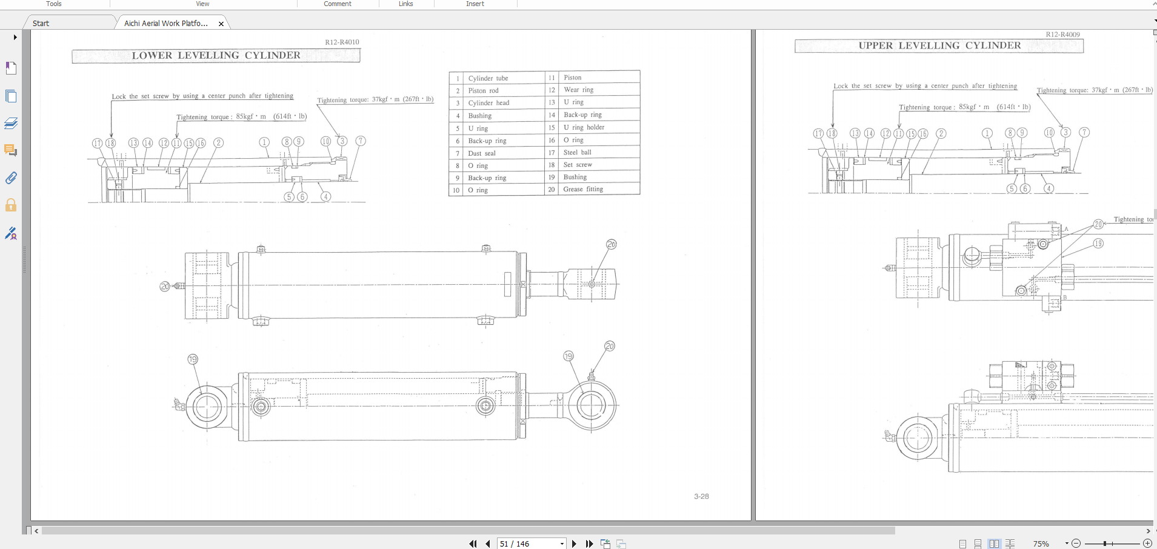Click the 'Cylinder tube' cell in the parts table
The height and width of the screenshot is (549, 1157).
pos(488,78)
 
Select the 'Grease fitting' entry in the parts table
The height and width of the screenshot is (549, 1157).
pos(583,189)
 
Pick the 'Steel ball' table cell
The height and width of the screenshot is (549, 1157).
pos(577,152)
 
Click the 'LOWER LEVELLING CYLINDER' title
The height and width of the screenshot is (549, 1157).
pos(216,55)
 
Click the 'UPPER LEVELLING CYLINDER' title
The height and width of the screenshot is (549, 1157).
pos(939,45)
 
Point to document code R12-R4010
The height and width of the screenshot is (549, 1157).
pos(342,42)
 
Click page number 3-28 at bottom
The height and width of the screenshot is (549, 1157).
pos(701,496)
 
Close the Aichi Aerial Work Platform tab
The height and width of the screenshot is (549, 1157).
pos(221,24)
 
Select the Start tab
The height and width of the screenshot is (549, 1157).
pos(41,24)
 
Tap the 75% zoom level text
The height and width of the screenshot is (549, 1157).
pos(1041,544)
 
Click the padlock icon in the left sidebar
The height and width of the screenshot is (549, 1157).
pos(11,205)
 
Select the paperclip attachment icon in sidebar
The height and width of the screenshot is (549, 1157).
pos(11,178)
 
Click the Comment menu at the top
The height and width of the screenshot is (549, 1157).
pos(338,4)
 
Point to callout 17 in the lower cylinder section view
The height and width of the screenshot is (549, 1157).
pos(97,143)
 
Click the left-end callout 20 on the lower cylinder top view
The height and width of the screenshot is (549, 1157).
pos(165,286)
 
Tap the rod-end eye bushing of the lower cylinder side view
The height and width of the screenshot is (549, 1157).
pos(590,405)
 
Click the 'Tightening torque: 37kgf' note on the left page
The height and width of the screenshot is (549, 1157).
pos(375,99)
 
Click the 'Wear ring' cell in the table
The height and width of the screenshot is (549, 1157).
pos(578,90)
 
